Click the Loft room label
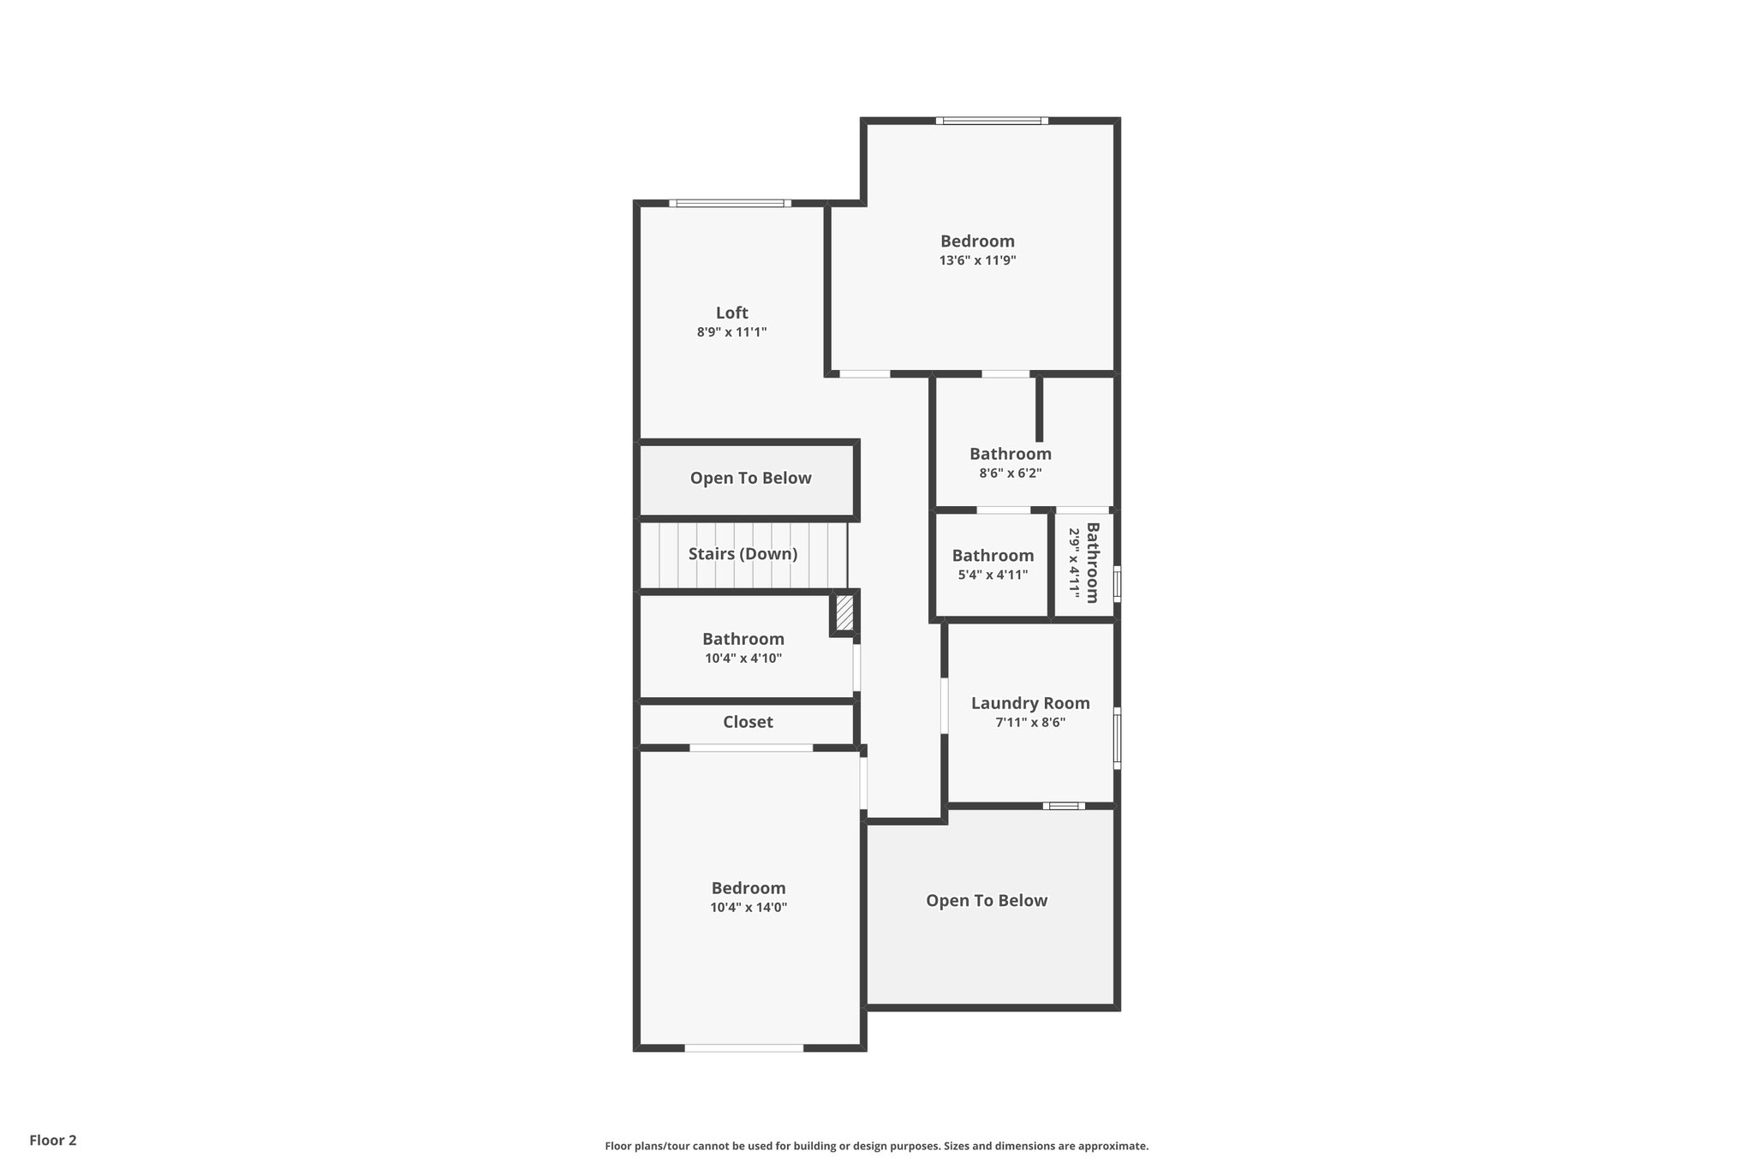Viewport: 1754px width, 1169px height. [x=731, y=313]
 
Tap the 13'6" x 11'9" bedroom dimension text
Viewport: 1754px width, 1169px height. [x=977, y=260]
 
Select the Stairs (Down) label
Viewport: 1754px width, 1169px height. [x=743, y=554]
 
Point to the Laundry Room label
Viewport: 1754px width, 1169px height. [x=1030, y=703]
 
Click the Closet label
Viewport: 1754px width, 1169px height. [x=748, y=722]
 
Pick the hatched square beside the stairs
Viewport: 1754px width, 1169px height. [x=844, y=613]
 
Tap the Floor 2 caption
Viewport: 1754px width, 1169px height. [x=53, y=1140]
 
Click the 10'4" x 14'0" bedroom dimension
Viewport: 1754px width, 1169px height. [x=749, y=908]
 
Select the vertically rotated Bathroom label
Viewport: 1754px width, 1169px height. [x=1092, y=563]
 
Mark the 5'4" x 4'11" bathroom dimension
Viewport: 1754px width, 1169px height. [x=993, y=576]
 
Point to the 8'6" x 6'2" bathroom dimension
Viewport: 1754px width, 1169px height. [x=1011, y=473]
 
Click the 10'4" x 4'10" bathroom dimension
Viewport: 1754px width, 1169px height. [x=743, y=659]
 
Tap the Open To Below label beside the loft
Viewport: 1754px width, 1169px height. [x=750, y=478]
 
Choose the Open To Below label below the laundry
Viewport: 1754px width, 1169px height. [x=987, y=900]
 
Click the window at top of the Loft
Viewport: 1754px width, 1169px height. [x=729, y=204]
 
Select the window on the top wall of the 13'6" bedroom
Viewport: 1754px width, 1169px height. [x=992, y=121]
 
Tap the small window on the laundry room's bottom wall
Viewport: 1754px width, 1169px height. [x=1064, y=806]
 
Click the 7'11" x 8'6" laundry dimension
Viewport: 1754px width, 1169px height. [x=1030, y=722]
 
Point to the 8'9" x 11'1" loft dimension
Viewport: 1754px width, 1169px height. [x=731, y=332]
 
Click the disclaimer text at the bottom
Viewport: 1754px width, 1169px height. [x=876, y=1146]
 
